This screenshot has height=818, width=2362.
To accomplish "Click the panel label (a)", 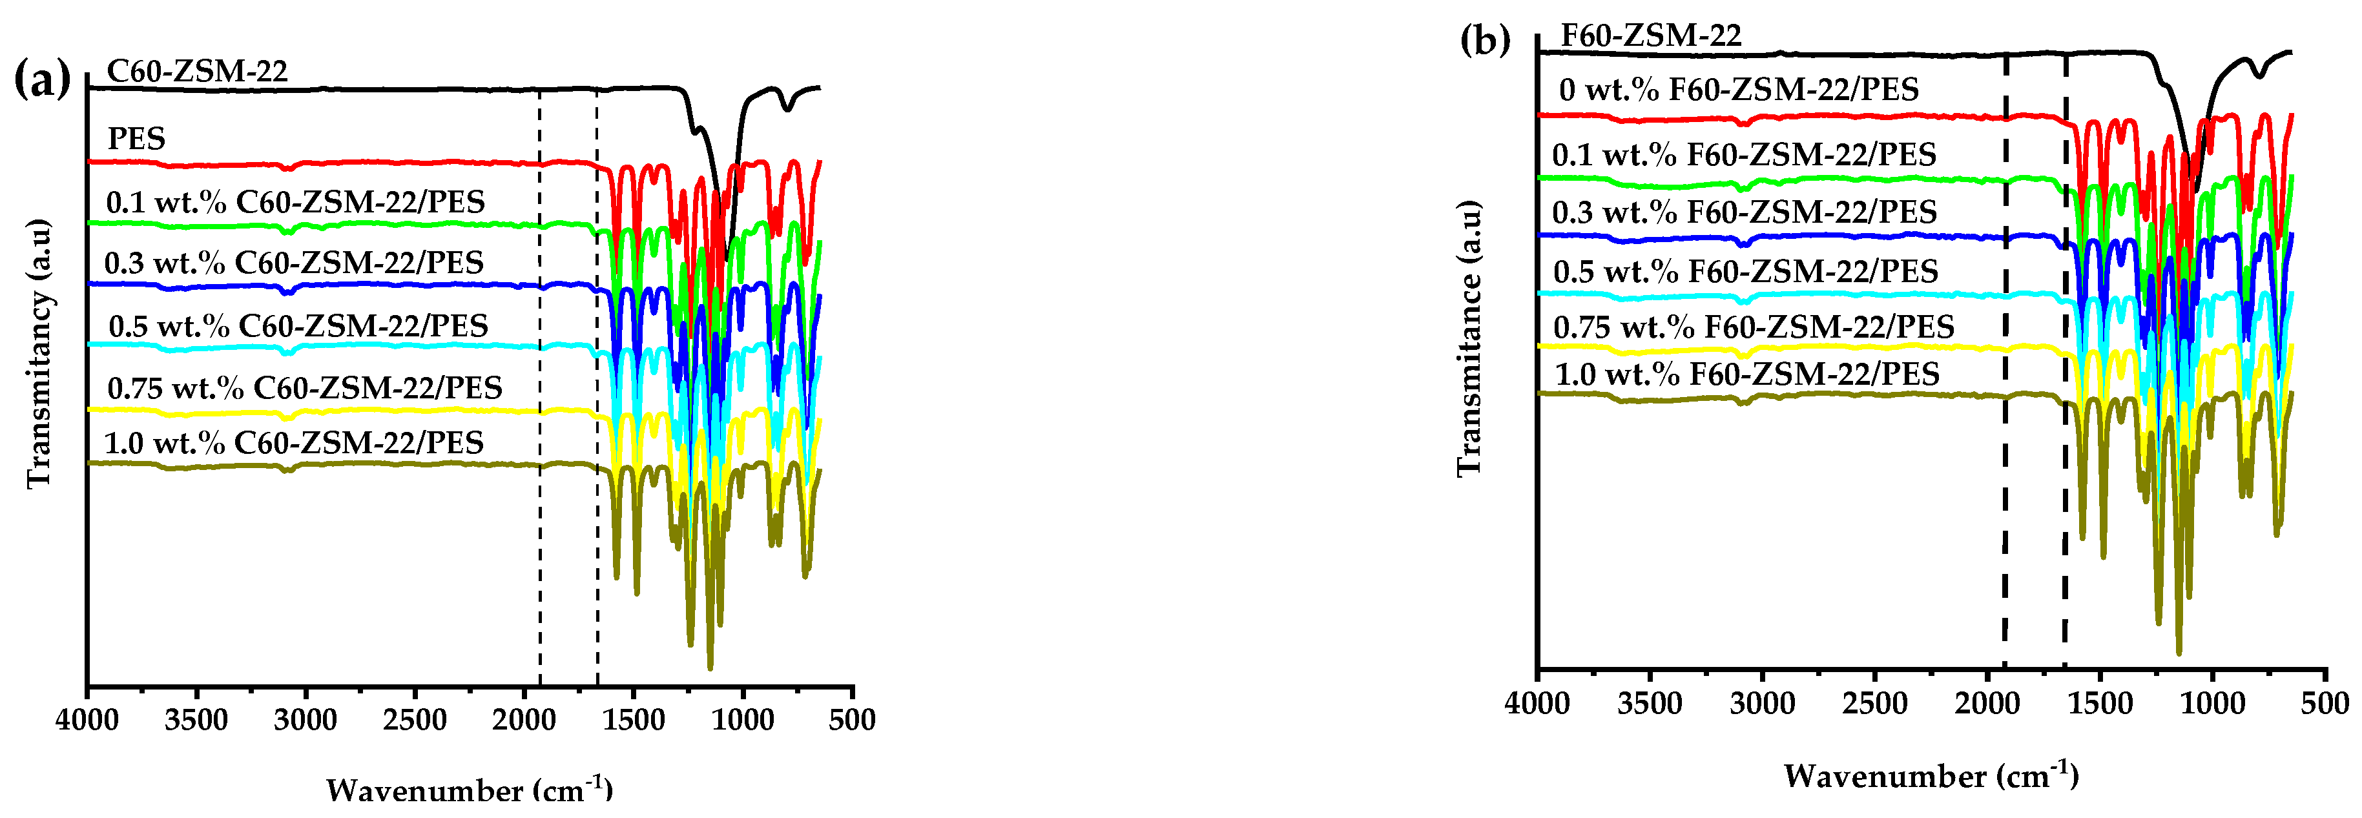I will pos(42,81).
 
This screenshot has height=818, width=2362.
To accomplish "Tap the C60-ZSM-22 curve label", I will pos(197,70).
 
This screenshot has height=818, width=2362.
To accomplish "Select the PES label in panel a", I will pos(137,138).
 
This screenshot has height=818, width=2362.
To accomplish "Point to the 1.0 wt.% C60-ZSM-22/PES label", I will pos(293,443).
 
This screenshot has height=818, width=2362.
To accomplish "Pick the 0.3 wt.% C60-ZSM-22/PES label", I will pos(293,263).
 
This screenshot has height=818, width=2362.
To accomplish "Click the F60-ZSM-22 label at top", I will pos(1650,35).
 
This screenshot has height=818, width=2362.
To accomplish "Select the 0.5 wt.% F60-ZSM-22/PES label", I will pos(1745,271).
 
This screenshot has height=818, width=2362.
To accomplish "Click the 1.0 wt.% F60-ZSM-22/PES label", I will pos(1746,374).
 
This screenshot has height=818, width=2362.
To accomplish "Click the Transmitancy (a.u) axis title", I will pos(39,353).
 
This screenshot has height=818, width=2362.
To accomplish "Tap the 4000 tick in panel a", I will pos(87,720).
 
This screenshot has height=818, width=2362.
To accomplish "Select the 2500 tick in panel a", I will pos(415,720).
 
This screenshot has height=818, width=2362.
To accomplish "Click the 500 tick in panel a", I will pos(853,720).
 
